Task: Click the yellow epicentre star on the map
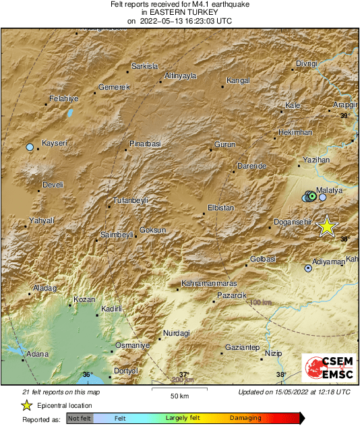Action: click(x=327, y=226)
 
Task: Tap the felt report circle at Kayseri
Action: click(x=30, y=147)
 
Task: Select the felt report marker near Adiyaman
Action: click(x=309, y=268)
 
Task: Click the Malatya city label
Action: click(x=331, y=191)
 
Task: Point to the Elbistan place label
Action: click(x=221, y=208)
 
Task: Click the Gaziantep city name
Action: click(x=242, y=346)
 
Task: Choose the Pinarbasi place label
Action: click(x=146, y=144)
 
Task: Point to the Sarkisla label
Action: click(x=144, y=66)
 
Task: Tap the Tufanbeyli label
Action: click(x=129, y=201)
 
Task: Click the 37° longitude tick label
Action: click(x=184, y=375)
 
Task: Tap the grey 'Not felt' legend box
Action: click(x=80, y=419)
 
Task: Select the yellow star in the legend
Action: click(x=26, y=405)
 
